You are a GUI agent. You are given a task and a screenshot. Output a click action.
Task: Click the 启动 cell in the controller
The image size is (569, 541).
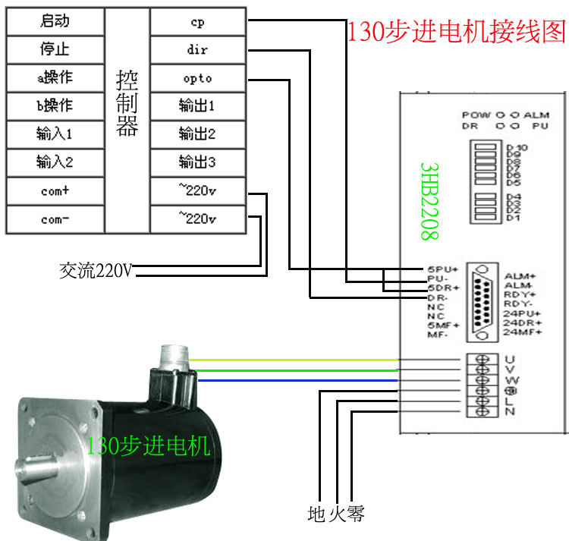tap(54, 22)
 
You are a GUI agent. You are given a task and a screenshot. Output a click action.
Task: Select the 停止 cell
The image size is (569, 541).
tap(54, 50)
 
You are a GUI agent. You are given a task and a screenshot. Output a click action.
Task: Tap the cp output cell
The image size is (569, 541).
tap(197, 22)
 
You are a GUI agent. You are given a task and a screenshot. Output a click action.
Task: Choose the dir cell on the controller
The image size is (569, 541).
tap(197, 50)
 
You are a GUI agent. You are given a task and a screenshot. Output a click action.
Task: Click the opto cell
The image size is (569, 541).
tap(197, 78)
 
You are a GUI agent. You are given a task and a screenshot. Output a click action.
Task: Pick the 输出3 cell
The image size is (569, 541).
tap(197, 162)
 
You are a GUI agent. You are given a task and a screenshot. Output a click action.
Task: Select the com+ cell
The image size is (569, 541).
tap(54, 191)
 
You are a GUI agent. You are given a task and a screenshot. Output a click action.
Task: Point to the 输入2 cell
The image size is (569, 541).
tap(54, 162)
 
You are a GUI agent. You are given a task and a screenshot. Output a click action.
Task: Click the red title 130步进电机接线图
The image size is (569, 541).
tap(456, 31)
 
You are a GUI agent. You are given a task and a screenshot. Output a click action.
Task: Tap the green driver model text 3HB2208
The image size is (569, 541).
tap(430, 201)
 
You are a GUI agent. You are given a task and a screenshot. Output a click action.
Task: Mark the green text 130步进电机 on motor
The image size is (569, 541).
tap(149, 446)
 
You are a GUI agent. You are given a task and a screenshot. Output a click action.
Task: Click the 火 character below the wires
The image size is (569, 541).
tap(337, 514)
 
